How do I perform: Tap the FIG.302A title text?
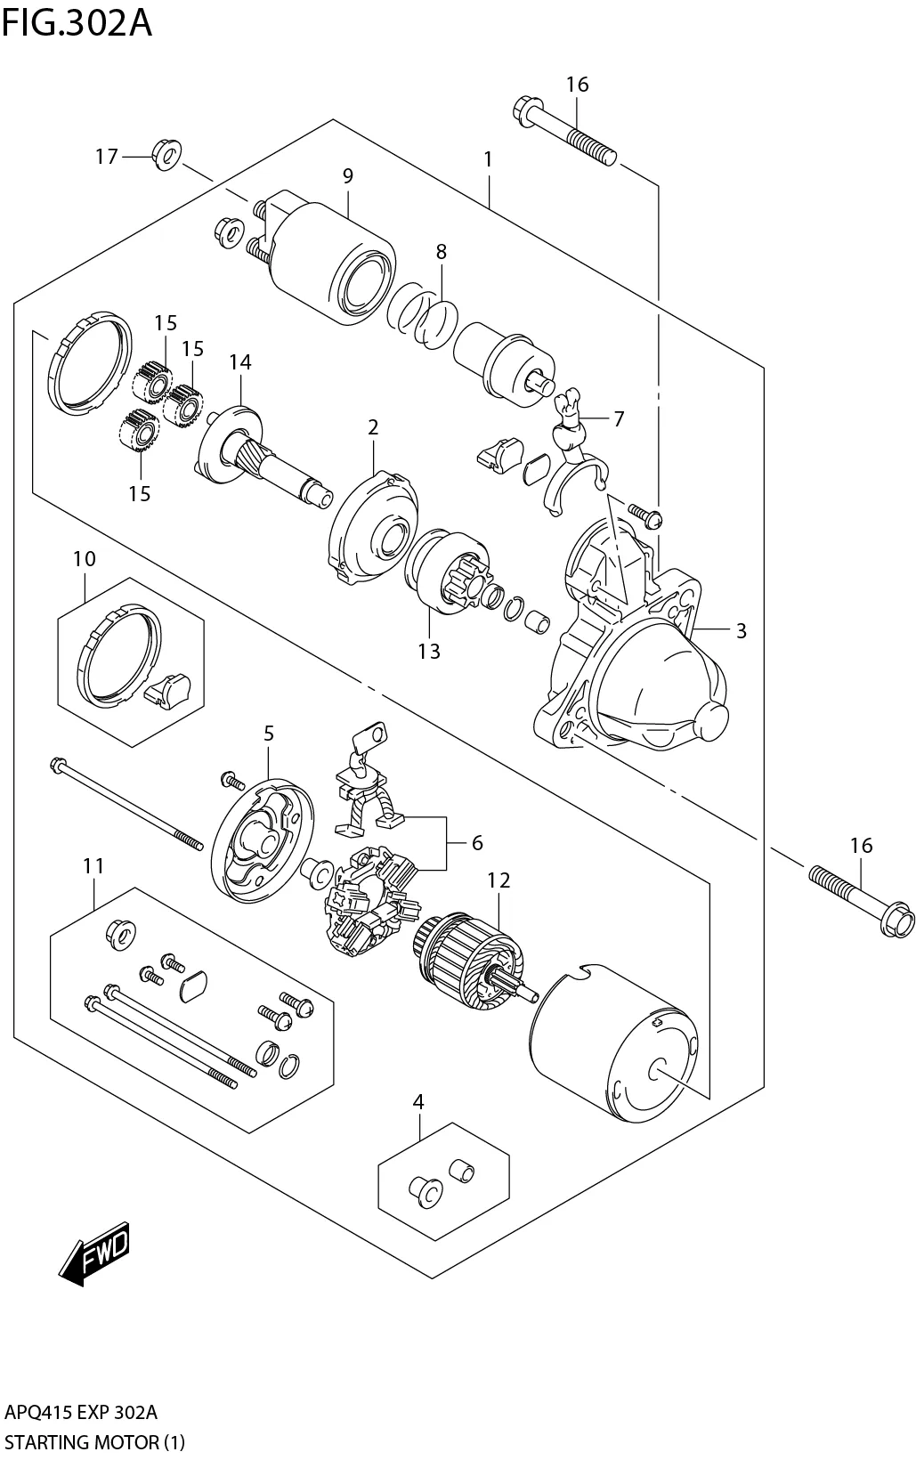(x=77, y=22)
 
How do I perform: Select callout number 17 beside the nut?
(x=107, y=157)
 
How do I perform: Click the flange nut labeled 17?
(x=165, y=155)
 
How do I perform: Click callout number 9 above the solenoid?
(x=347, y=176)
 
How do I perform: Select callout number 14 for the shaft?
(x=240, y=361)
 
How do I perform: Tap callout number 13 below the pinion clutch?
(x=429, y=651)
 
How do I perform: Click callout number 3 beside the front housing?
(x=741, y=630)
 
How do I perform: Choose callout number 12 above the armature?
(x=499, y=880)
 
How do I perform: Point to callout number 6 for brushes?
(x=477, y=842)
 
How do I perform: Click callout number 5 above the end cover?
(x=268, y=734)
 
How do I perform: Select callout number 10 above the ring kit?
(x=85, y=559)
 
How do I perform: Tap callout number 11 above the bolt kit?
(x=94, y=866)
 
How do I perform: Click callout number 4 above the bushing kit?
(x=418, y=1102)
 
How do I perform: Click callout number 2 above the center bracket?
(x=373, y=427)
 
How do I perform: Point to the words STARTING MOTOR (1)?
(x=93, y=1442)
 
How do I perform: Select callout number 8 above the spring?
(x=441, y=252)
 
